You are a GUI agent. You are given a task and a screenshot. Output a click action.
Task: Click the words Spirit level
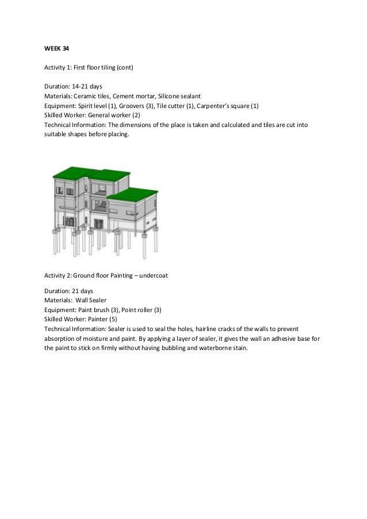tap(92, 106)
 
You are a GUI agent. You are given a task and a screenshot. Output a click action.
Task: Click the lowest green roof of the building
tap(132, 193)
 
